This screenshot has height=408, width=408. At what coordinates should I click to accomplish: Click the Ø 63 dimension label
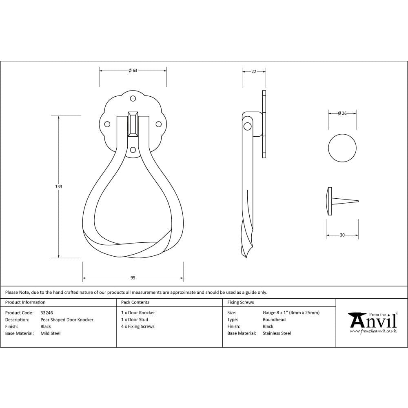[133, 71]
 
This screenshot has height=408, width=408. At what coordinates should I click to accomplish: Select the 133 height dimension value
[59, 186]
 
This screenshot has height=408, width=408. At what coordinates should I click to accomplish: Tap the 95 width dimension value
[133, 278]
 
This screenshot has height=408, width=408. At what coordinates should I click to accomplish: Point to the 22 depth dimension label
[254, 71]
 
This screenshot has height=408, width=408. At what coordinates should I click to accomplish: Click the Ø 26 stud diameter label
[342, 113]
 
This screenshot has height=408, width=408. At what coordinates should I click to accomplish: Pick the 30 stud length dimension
[342, 235]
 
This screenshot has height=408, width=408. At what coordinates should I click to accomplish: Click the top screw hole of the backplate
[133, 98]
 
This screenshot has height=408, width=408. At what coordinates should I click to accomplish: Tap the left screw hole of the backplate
[107, 124]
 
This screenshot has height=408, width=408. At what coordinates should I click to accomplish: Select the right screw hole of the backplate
[159, 124]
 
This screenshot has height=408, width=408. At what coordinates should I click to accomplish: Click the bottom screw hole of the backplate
[133, 150]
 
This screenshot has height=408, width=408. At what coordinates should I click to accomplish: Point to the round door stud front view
[342, 148]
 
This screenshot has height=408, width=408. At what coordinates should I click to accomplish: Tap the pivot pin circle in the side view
[247, 126]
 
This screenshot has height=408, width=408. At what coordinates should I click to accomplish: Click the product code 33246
[47, 313]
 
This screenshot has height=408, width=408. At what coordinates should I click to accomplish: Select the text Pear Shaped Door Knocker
[67, 320]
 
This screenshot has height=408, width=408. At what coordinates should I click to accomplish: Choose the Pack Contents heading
[135, 302]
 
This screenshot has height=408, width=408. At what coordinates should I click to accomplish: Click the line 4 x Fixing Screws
[138, 326]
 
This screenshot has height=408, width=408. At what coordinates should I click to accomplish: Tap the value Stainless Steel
[277, 333]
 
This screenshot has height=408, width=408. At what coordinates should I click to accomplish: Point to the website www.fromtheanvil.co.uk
[373, 331]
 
